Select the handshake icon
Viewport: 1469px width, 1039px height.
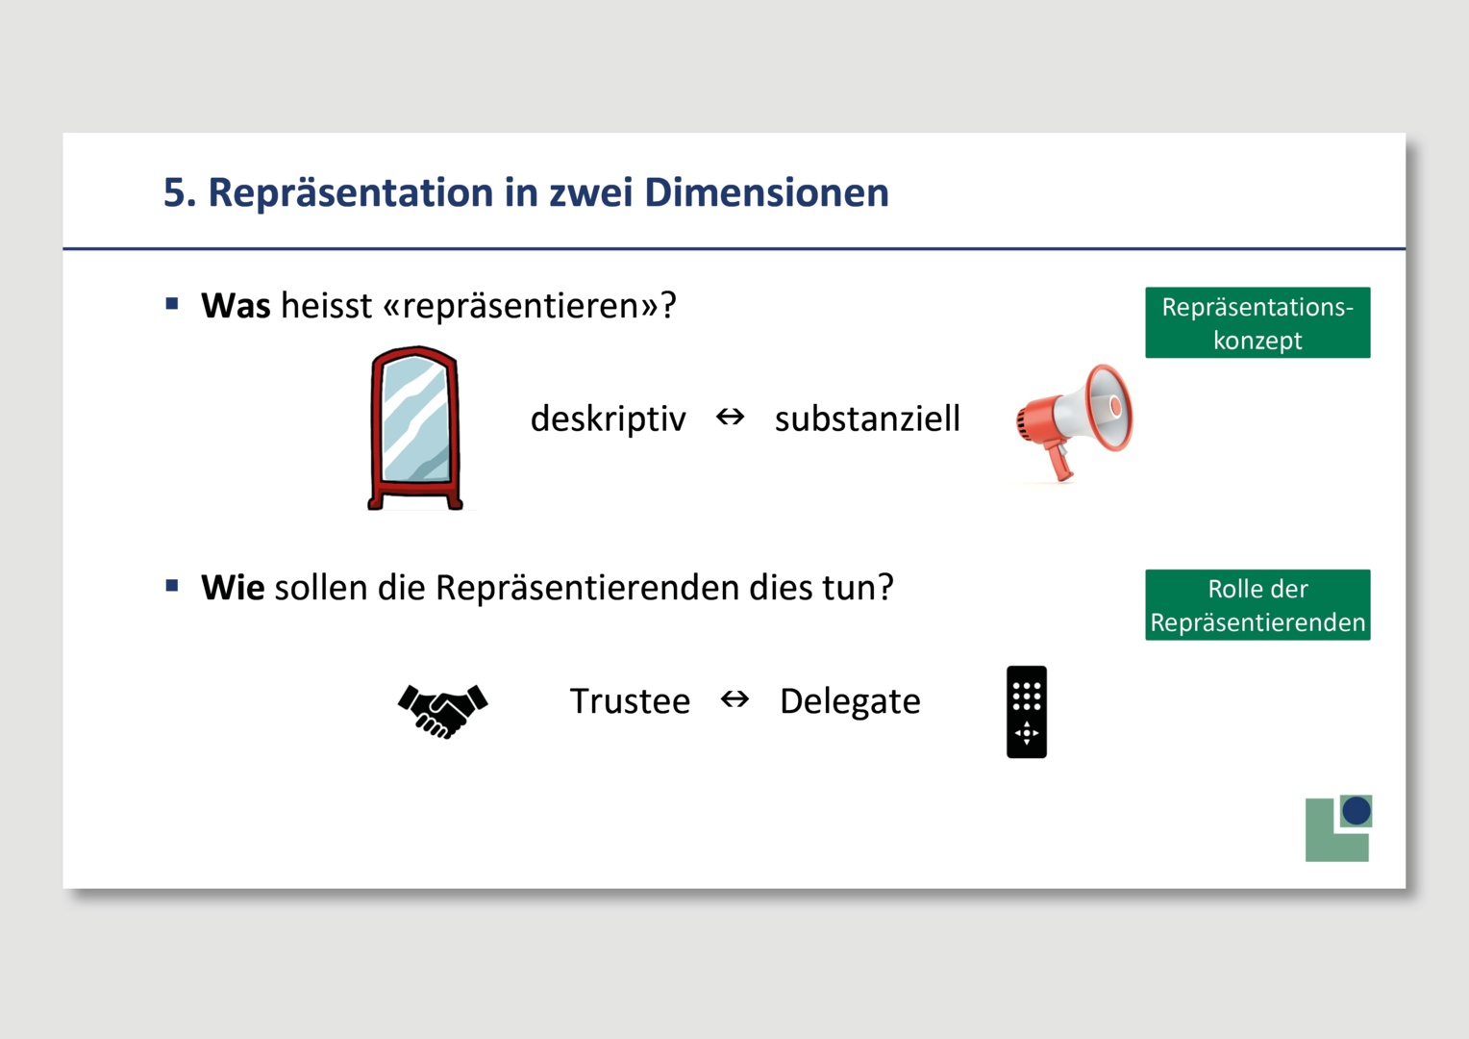click(442, 711)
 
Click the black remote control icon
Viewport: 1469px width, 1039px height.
click(1027, 712)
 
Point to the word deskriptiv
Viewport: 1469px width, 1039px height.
click(608, 418)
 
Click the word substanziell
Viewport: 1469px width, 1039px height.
click(867, 418)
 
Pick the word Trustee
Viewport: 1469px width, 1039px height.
click(630, 701)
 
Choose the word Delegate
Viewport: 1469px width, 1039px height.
click(850, 701)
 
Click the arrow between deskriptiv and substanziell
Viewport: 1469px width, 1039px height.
click(730, 417)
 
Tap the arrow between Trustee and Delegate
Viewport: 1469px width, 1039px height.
click(734, 699)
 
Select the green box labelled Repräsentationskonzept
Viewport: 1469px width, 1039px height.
click(1257, 322)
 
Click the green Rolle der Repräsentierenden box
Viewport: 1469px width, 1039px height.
click(1257, 604)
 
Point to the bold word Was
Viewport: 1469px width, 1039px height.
click(236, 305)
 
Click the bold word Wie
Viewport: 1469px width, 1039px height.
click(233, 588)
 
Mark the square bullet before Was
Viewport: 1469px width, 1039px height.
click(172, 303)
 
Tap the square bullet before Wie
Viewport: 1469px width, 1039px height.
click(172, 586)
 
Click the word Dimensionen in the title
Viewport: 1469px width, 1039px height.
click(766, 192)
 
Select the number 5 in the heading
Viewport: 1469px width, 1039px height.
click(174, 193)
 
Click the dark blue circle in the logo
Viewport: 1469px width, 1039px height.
click(1357, 811)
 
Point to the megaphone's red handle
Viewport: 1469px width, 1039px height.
click(1058, 462)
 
